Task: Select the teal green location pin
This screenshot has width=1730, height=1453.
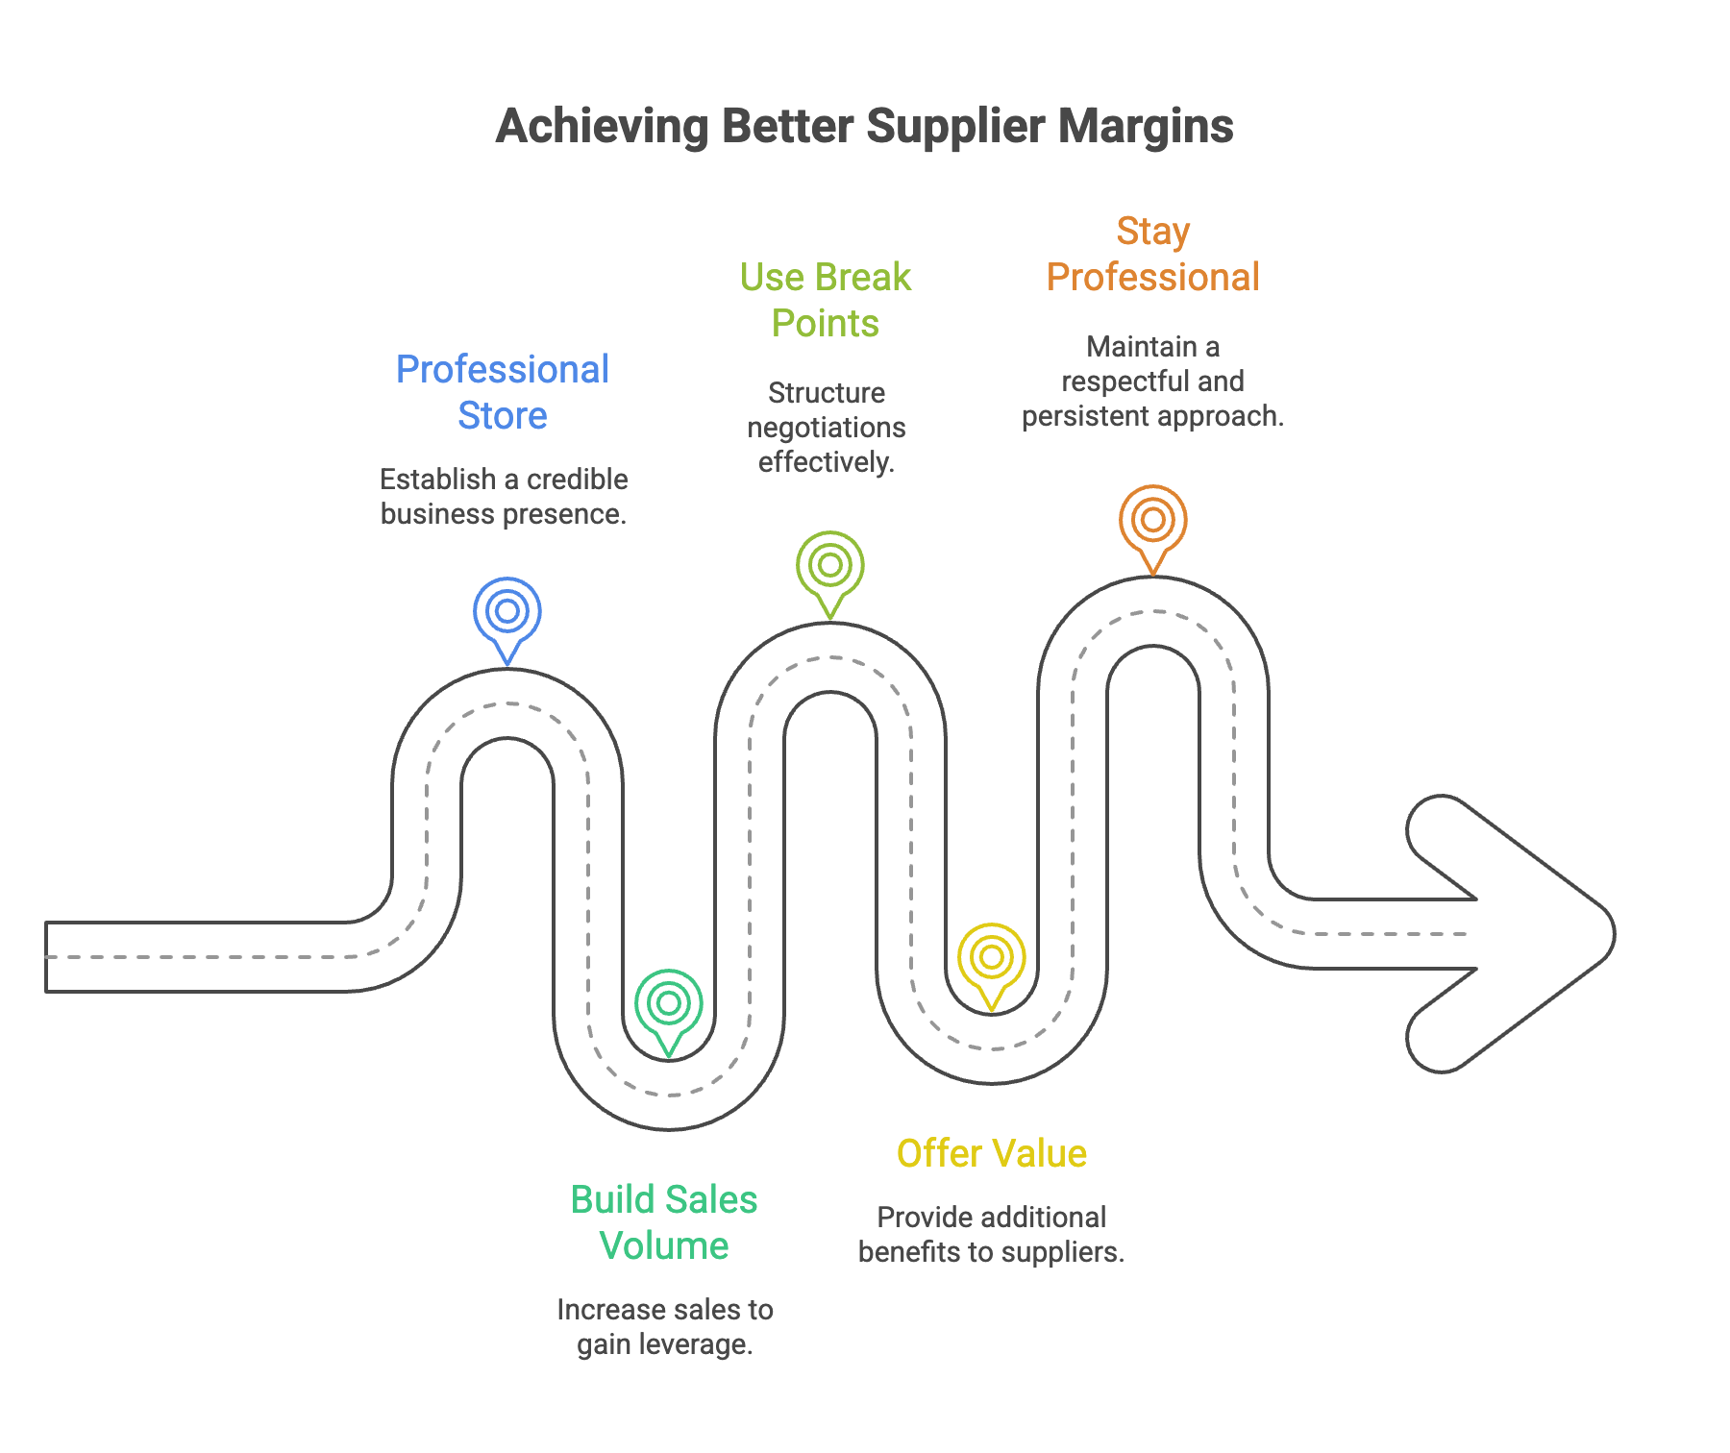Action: (669, 1005)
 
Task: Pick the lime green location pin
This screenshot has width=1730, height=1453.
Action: (830, 567)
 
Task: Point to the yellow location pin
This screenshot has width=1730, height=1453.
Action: (992, 959)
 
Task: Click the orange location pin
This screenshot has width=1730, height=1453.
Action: (1153, 521)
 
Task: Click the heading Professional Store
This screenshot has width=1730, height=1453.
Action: (503, 392)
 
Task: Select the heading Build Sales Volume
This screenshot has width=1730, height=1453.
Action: (664, 1222)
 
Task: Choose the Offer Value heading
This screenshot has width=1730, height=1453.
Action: (992, 1153)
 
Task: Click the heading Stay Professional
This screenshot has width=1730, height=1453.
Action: (1152, 254)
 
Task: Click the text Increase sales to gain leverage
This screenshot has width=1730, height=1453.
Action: (664, 1327)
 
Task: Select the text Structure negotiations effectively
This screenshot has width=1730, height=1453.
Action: (827, 428)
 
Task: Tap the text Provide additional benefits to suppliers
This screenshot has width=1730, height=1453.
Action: (991, 1235)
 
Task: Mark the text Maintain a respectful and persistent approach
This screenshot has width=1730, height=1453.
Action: (1152, 382)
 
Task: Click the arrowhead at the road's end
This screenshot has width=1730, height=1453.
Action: (1519, 934)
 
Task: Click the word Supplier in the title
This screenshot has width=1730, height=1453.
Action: (955, 126)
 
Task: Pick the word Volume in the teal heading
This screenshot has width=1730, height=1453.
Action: (664, 1246)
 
